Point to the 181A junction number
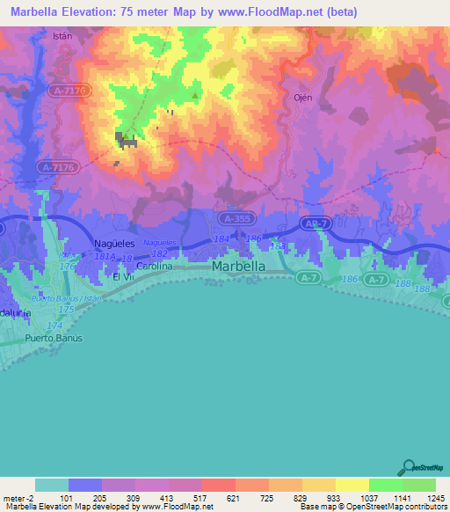(105, 257)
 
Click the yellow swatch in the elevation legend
(352, 485)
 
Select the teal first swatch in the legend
(52, 485)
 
